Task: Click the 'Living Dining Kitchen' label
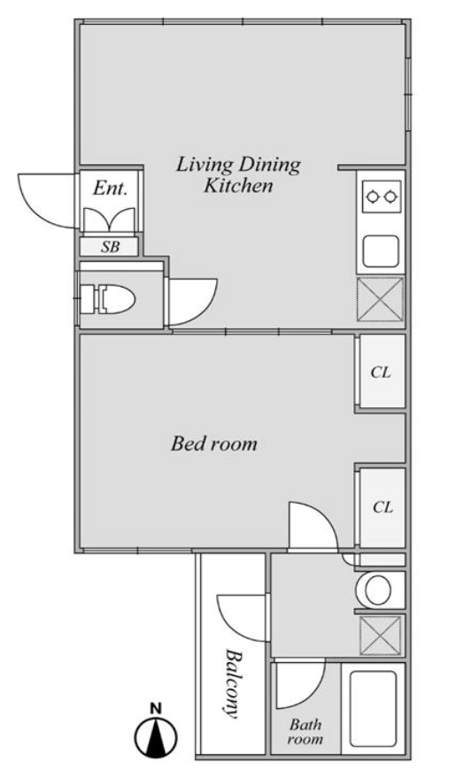(238, 175)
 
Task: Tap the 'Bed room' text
(214, 443)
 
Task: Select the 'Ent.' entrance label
(111, 189)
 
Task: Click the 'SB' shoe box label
(111, 247)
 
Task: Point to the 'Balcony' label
(230, 683)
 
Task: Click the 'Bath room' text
(305, 731)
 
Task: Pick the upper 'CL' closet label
(381, 372)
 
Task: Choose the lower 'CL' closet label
(383, 507)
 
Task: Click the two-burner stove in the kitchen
(382, 197)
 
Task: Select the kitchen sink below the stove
(381, 251)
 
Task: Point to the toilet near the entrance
(107, 299)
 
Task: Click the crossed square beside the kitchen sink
(381, 299)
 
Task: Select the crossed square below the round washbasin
(381, 635)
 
